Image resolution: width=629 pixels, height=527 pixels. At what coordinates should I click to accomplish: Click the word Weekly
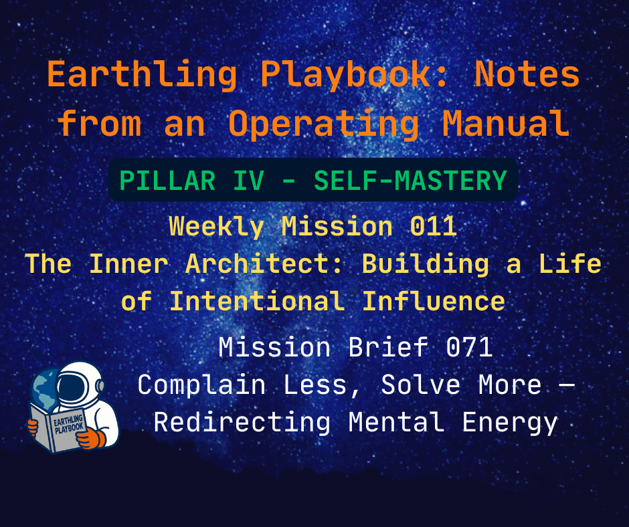pyautogui.click(x=215, y=227)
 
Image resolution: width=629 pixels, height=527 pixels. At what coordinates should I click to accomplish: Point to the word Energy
pyautogui.click(x=516, y=423)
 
